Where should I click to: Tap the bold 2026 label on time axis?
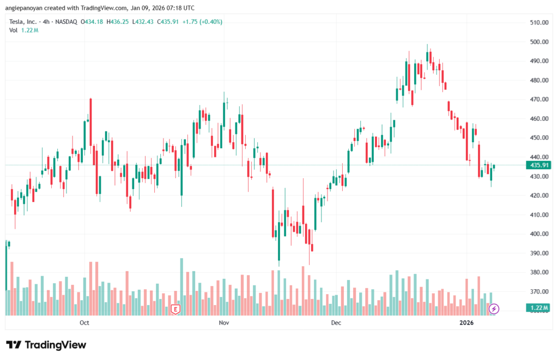(466, 323)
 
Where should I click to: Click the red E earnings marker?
(175, 309)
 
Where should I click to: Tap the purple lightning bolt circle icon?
(494, 309)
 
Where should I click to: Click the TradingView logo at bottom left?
(46, 345)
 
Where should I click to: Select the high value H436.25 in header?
(118, 22)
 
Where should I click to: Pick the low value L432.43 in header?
(143, 22)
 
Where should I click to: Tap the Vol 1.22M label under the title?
(23, 30)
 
